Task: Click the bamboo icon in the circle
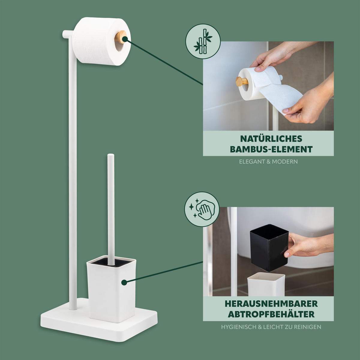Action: point(203,42)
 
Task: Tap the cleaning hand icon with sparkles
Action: point(202,209)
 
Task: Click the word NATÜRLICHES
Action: point(271,139)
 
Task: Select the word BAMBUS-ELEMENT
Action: point(271,149)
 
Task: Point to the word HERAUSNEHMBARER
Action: point(271,304)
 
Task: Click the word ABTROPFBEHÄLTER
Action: point(271,314)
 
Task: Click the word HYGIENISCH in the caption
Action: point(239,327)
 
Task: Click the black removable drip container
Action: point(269,247)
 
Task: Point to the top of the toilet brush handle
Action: point(111,156)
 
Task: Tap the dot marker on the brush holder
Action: point(124,282)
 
